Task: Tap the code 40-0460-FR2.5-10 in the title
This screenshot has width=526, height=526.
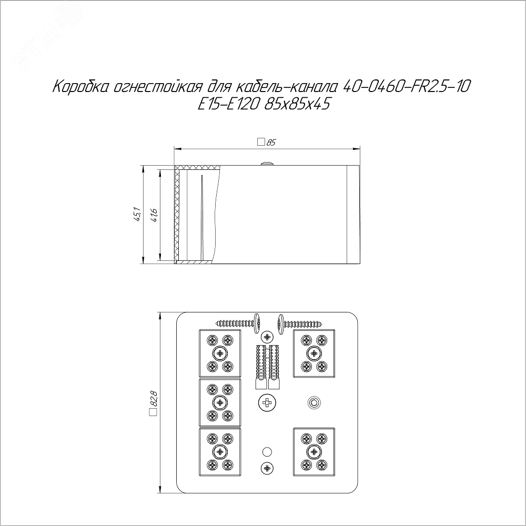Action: click(407, 87)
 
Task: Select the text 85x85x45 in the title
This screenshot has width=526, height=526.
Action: click(297, 104)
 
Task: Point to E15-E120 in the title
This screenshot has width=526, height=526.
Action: click(228, 104)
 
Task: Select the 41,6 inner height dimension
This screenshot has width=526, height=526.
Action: click(154, 215)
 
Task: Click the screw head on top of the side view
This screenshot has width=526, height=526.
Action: click(267, 164)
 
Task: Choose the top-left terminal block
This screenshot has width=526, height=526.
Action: click(220, 353)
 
